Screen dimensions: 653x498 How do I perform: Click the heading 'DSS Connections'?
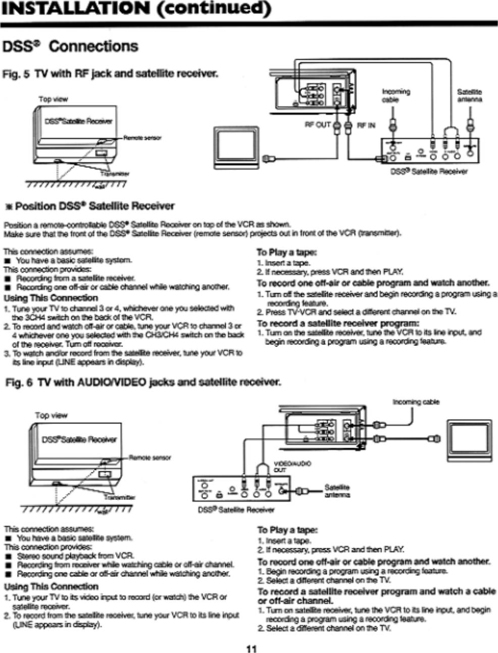pyautogui.click(x=70, y=47)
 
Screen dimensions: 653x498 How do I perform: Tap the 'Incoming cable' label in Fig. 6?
pyautogui.click(x=416, y=402)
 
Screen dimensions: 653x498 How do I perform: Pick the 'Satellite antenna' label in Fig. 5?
pyautogui.click(x=469, y=95)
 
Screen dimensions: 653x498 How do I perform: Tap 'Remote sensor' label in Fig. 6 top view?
pyautogui.click(x=150, y=457)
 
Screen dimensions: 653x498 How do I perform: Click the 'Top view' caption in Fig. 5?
pyautogui.click(x=53, y=99)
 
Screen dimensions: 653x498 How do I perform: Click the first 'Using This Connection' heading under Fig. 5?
pyautogui.click(x=51, y=298)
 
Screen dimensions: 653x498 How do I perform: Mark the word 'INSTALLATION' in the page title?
pyautogui.click(x=74, y=9)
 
